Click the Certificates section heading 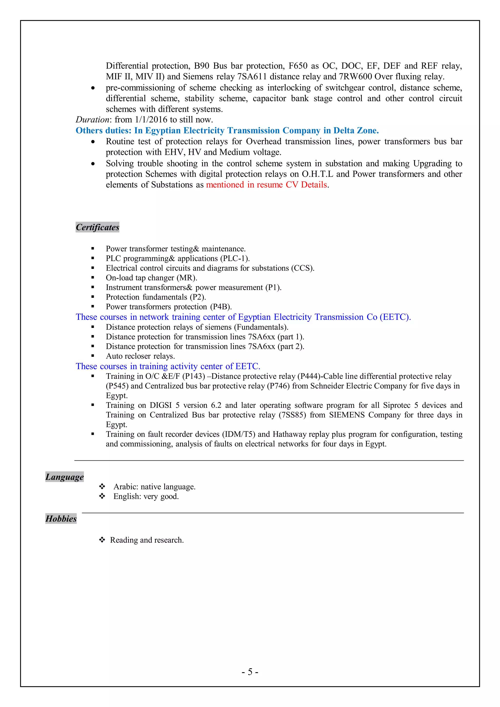pyautogui.click(x=97, y=227)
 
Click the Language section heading pyautogui.click(x=64, y=477)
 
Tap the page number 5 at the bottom pyautogui.click(x=250, y=672)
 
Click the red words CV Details pyautogui.click(x=306, y=185)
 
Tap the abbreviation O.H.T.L pyautogui.click(x=317, y=174)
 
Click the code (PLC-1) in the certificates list pyautogui.click(x=235, y=258)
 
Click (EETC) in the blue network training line pyautogui.click(x=395, y=317)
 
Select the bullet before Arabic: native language pyautogui.click(x=102, y=487)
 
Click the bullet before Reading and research pyautogui.click(x=102, y=540)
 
